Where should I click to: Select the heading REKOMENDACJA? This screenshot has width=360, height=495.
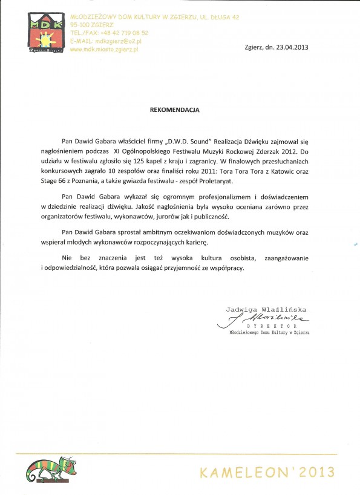point(174,111)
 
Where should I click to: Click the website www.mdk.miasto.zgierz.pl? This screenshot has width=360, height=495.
point(104,49)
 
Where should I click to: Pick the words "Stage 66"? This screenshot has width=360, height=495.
point(75,181)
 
